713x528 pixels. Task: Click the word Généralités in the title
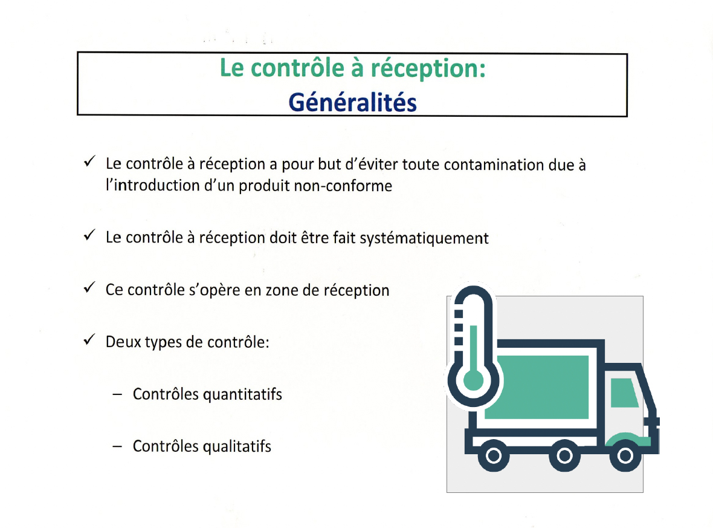[352, 102]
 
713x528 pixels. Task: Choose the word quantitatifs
[242, 394]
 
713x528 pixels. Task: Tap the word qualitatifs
[237, 446]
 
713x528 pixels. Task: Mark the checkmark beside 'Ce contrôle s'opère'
[88, 288]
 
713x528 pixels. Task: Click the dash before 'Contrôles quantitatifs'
[117, 395]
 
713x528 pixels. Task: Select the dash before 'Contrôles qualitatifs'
[117, 447]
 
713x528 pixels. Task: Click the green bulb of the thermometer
[473, 380]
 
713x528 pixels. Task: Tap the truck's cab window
[623, 393]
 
